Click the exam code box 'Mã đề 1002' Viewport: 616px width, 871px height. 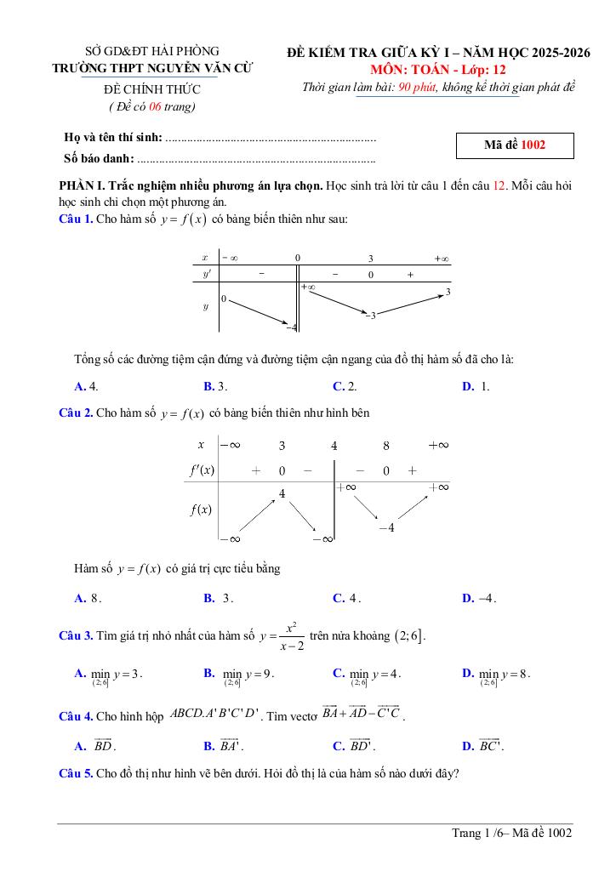pos(515,145)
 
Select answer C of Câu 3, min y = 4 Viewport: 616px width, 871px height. pos(366,675)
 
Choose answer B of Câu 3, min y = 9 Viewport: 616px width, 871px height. pos(237,675)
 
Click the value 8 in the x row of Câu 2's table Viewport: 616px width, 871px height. pos(385,445)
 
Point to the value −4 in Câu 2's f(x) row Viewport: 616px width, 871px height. pos(385,528)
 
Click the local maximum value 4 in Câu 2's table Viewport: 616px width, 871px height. pos(282,493)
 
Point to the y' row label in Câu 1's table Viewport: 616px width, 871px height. pos(205,275)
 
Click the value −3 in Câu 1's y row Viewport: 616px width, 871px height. pos(370,316)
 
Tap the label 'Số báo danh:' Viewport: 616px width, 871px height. pos(99,158)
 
